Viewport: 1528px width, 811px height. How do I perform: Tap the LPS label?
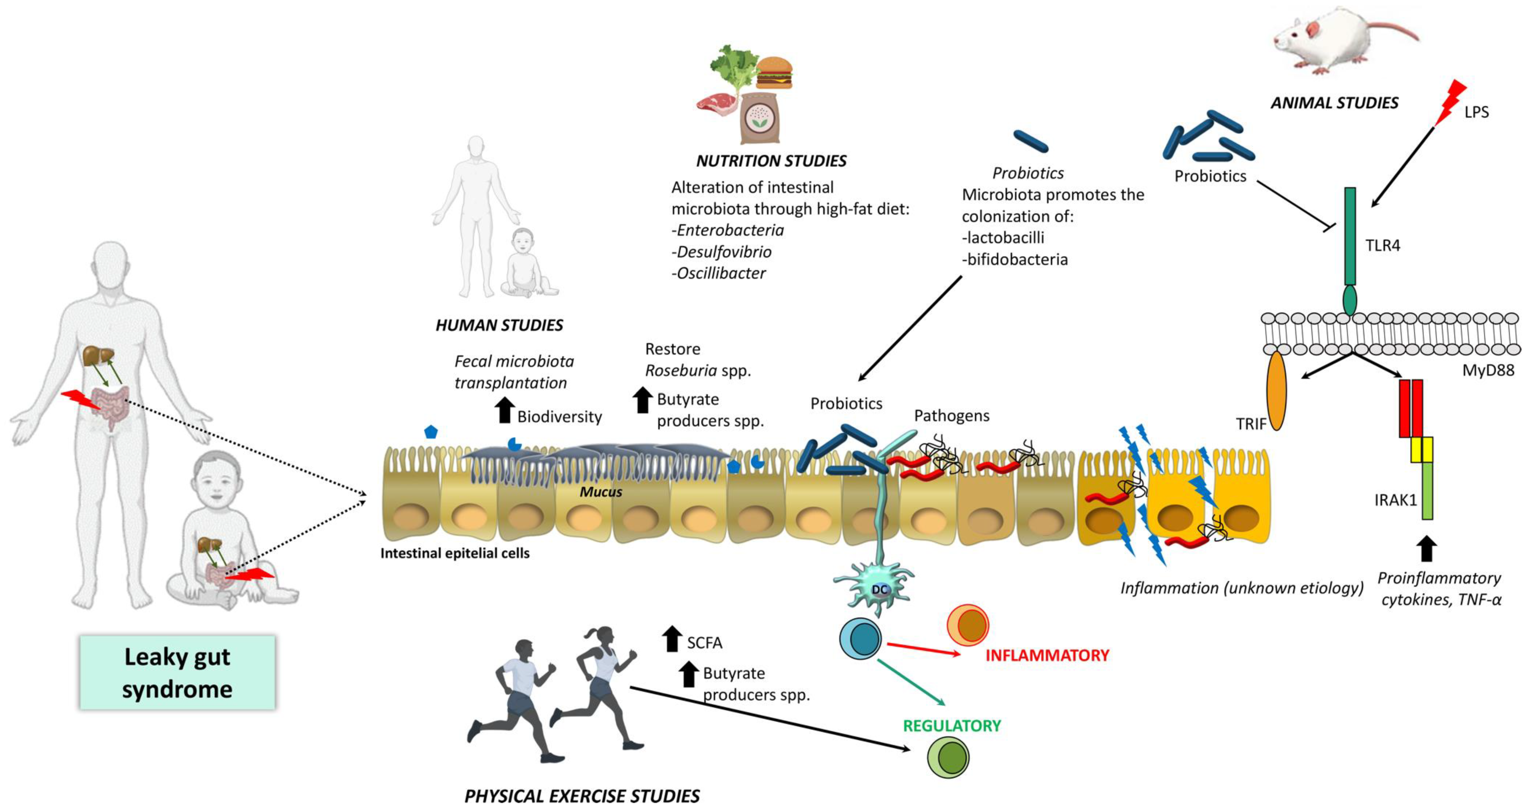[x=1476, y=112]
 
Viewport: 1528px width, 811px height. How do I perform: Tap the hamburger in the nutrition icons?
[x=774, y=72]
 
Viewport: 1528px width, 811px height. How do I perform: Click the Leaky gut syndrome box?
[x=177, y=672]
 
